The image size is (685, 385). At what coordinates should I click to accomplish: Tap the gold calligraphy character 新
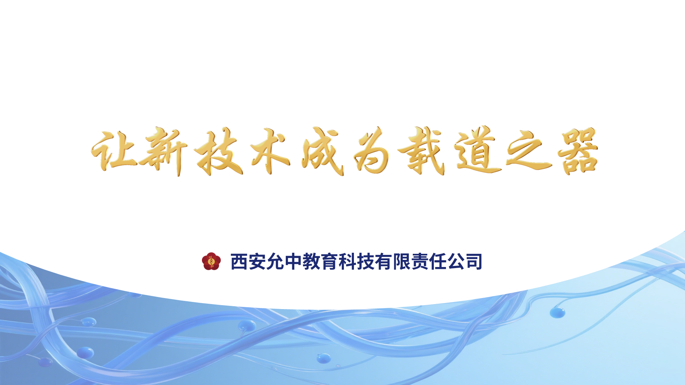click(163, 152)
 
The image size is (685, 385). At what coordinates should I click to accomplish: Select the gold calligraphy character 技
click(218, 152)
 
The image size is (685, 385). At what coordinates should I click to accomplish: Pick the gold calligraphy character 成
click(323, 152)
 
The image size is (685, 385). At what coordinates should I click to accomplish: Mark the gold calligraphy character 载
click(422, 151)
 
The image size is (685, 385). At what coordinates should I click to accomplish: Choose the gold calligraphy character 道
click(478, 151)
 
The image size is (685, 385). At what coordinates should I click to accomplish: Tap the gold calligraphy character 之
click(529, 152)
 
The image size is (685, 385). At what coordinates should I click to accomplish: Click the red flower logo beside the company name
click(211, 261)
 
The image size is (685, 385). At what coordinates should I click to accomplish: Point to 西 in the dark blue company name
click(239, 262)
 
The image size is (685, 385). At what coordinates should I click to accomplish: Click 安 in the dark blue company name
click(257, 262)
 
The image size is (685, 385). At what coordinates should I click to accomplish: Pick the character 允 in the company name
click(275, 262)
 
